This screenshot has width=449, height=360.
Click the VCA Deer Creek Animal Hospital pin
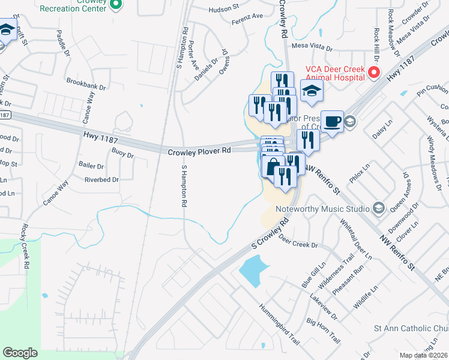pyautogui.click(x=373, y=73)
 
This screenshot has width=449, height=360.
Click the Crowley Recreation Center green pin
pyautogui.click(x=117, y=6)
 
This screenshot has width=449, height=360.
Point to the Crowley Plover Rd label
pyautogui.click(x=199, y=152)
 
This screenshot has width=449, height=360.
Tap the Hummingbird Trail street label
pyautogui.click(x=279, y=324)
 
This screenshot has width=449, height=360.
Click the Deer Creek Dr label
pyautogui.click(x=298, y=245)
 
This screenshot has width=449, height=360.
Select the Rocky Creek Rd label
pyautogui.click(x=25, y=246)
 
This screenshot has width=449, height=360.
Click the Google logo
pyautogui.click(x=20, y=353)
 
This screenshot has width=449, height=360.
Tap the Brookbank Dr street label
pyautogui.click(x=86, y=83)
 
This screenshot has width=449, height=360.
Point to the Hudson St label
pyautogui.click(x=224, y=10)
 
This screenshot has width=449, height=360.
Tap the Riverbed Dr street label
pyautogui.click(x=101, y=179)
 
